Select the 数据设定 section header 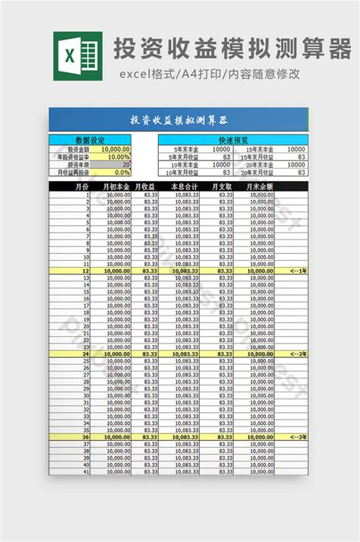[x=90, y=140]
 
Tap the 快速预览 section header [x=233, y=140]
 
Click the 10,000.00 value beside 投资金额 [x=115, y=149]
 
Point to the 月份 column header [x=80, y=186]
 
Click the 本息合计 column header [x=184, y=186]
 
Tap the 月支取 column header [x=222, y=186]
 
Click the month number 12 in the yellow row [x=86, y=271]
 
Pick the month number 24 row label [x=86, y=353]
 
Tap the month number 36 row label [x=86, y=437]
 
